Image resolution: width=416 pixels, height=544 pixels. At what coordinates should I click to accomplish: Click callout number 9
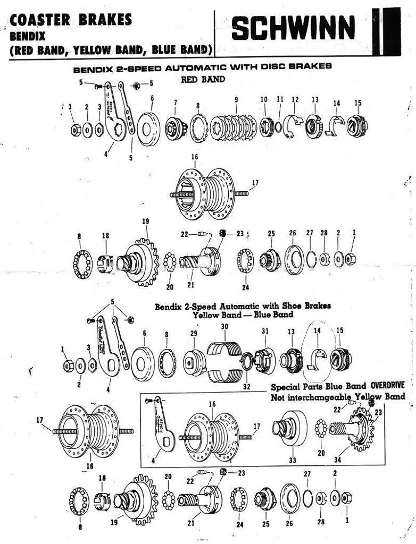tap(236, 99)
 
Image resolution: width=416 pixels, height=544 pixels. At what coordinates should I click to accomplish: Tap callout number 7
tap(175, 102)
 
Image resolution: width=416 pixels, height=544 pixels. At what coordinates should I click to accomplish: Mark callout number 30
tap(224, 326)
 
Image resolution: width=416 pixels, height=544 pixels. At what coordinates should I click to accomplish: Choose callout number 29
tap(194, 333)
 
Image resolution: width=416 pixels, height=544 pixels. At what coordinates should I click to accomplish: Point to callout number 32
tap(247, 387)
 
